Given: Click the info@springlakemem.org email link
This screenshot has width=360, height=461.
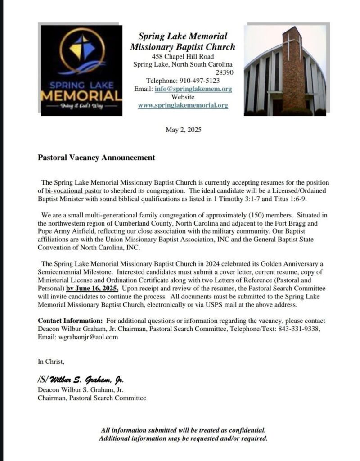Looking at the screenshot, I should (193, 89).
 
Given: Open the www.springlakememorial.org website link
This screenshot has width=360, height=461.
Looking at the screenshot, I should (183, 105).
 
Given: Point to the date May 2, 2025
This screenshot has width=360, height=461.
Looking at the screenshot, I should (184, 130).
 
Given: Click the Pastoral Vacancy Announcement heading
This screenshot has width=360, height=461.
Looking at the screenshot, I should (96, 158).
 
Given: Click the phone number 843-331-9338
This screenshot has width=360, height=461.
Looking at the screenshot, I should (303, 329).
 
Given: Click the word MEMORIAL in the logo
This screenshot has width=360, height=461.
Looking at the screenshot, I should (81, 96).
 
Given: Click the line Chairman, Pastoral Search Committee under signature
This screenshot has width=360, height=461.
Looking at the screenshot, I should (92, 398).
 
